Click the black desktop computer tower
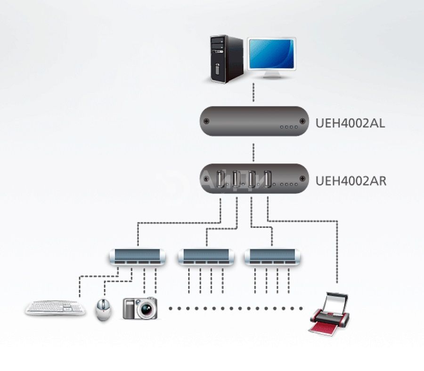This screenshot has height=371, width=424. point(227,59)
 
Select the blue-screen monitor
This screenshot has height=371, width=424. point(271,58)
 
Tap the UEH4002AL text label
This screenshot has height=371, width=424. point(350,123)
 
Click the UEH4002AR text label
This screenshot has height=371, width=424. point(351,181)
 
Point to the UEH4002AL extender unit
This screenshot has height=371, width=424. point(254,121)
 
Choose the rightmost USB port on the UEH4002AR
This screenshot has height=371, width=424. point(268,179)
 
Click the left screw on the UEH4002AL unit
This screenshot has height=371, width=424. point(206,121)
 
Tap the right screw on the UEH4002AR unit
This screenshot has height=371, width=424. point(302,178)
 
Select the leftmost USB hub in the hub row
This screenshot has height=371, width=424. point(138,257)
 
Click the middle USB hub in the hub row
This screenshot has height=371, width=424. point(206,257)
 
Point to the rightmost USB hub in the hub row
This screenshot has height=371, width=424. point(272,257)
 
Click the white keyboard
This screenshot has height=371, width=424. point(55,308)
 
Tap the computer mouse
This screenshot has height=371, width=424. point(103,310)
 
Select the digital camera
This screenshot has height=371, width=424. point(140,308)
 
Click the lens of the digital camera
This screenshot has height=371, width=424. point(146,310)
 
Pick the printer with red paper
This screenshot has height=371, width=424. point(329,313)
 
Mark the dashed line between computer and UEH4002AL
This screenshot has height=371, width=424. point(253,93)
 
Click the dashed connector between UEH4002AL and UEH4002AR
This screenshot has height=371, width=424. point(253,152)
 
